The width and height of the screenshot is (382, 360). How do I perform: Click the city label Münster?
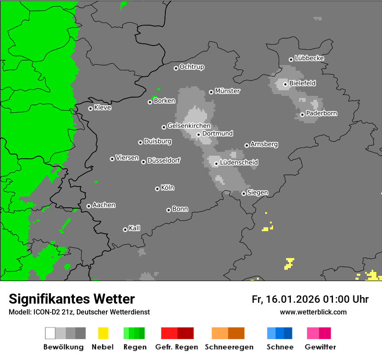pyautogui.click(x=227, y=91)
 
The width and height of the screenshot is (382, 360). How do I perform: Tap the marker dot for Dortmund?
pyautogui.click(x=198, y=134)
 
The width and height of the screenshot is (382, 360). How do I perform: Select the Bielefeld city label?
pyautogui.click(x=302, y=83)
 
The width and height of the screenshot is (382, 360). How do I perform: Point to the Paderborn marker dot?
pyautogui.click(x=302, y=115)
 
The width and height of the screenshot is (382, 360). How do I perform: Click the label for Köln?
pyautogui.click(x=168, y=188)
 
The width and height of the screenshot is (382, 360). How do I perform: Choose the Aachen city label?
pyautogui.click(x=104, y=205)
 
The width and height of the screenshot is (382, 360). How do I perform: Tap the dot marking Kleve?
pyautogui.click(x=90, y=108)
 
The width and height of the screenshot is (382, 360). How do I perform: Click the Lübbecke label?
pyautogui.click(x=309, y=58)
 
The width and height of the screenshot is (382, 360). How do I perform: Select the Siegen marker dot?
pyautogui.click(x=244, y=193)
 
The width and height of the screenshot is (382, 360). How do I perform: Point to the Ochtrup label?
pyautogui.click(x=192, y=67)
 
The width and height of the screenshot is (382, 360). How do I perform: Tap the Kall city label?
pyautogui.click(x=134, y=228)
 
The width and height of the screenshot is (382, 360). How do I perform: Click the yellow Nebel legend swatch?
pyautogui.click(x=103, y=333)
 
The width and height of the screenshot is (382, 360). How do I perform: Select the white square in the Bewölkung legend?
pyautogui.click(x=50, y=333)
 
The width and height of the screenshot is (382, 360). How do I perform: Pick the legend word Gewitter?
pyautogui.click(x=320, y=347)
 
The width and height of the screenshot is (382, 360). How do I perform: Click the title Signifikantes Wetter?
pyautogui.click(x=72, y=299)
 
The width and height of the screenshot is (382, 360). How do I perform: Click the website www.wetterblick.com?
pyautogui.click(x=313, y=312)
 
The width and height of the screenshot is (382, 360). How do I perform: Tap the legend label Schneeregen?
pyautogui.click(x=229, y=347)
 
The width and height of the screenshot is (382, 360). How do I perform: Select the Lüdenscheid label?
pyautogui.click(x=239, y=163)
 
